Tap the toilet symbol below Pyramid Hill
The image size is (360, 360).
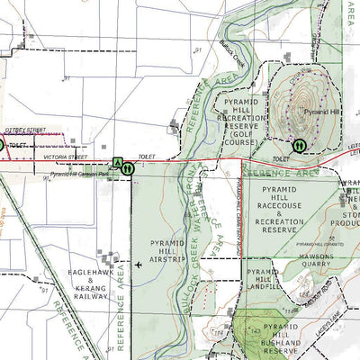click(299, 144)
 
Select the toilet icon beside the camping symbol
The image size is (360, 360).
click(129, 166)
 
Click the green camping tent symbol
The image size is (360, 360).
click(116, 163)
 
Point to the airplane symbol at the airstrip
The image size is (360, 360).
click(138, 265)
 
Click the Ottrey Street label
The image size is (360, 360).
click(25, 130)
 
